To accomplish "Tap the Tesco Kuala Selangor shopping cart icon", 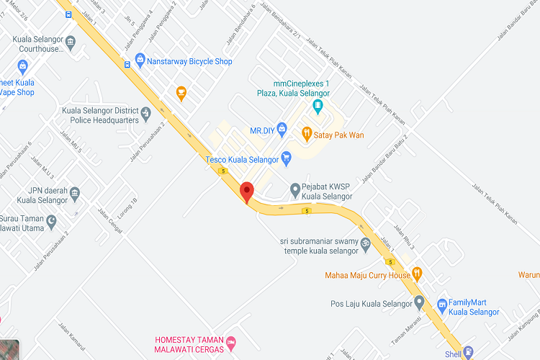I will pyautogui.click(x=287, y=156).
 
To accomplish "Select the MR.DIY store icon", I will pyautogui.click(x=282, y=130).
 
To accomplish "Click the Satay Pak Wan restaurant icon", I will pyautogui.click(x=307, y=132).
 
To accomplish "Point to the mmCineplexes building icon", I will pyautogui.click(x=318, y=107).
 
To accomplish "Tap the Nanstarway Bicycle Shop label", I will pyautogui.click(x=189, y=61).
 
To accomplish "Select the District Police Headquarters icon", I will pyautogui.click(x=146, y=112).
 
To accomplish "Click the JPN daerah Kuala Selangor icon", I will pyautogui.click(x=75, y=193).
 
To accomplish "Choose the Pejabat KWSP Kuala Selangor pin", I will pyautogui.click(x=294, y=189).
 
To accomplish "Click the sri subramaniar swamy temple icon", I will pyautogui.click(x=365, y=243).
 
